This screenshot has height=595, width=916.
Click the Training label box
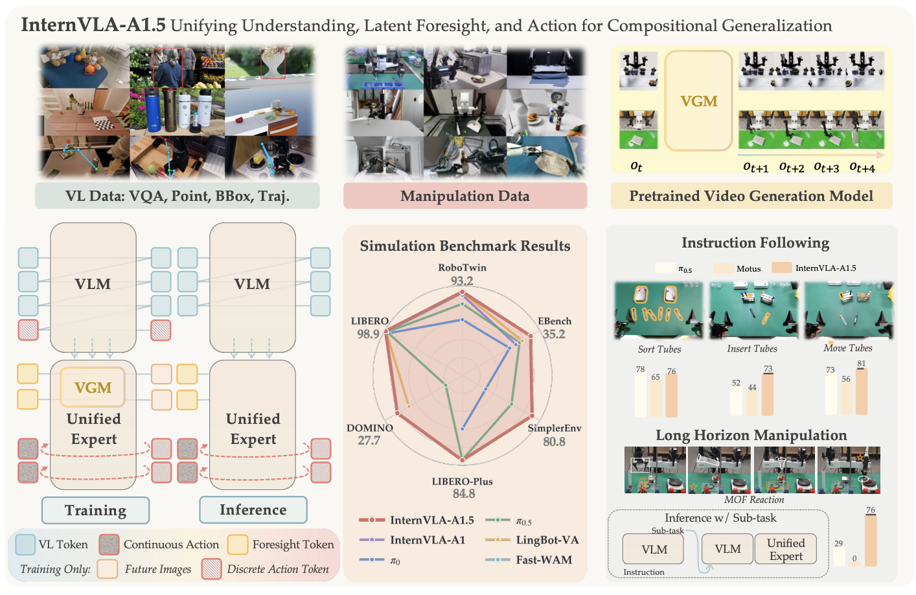click(95, 510)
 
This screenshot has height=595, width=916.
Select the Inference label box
click(253, 509)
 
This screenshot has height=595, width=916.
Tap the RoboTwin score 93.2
click(462, 281)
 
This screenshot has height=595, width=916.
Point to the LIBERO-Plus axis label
click(462, 481)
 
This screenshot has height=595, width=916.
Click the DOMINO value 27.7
click(369, 440)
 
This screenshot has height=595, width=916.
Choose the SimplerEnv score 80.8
click(554, 441)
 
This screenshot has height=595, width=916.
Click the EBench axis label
click(555, 321)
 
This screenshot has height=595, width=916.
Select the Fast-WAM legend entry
click(529, 559)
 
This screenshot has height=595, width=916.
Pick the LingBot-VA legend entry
click(532, 540)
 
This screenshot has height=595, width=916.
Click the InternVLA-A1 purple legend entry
click(413, 540)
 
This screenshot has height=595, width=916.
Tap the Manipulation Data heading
click(465, 196)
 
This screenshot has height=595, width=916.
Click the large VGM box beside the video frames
click(698, 100)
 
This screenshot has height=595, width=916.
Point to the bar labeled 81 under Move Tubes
click(862, 391)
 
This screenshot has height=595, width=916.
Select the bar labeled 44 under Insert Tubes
click(751, 404)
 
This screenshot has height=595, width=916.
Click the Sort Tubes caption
click(659, 349)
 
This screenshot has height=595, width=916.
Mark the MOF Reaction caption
click(754, 500)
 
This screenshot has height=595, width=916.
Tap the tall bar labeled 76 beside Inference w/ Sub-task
click(871, 541)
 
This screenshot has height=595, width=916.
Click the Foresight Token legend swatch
click(238, 544)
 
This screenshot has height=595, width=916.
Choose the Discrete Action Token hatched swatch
click(212, 569)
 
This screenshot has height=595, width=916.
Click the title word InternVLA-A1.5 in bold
click(93, 25)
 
